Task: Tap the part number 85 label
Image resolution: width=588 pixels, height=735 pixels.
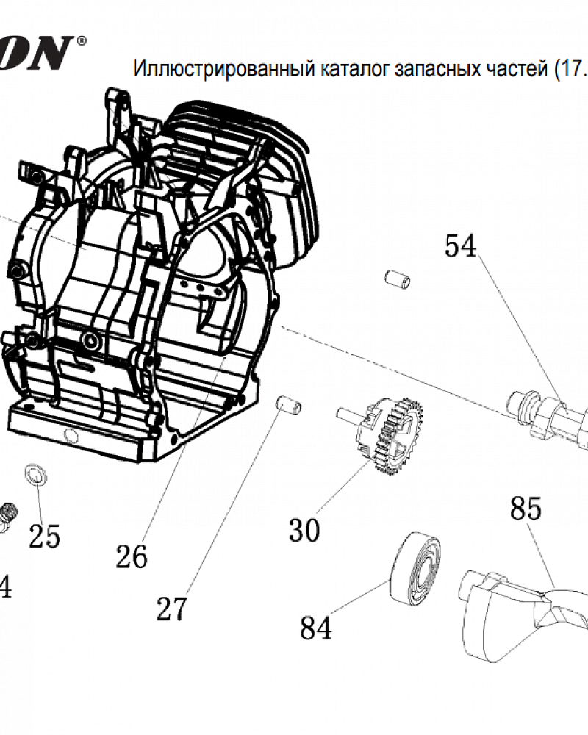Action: click(526, 508)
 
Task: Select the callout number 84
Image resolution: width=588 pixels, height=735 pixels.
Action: click(316, 628)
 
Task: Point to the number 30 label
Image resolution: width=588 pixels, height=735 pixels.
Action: click(304, 529)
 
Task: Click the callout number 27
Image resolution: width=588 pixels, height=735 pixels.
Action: click(172, 609)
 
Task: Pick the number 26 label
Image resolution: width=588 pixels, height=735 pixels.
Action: click(132, 556)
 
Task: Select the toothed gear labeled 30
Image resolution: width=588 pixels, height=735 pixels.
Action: click(390, 434)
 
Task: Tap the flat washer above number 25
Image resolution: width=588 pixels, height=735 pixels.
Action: click(35, 474)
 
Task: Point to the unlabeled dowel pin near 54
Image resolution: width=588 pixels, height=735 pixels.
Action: click(398, 280)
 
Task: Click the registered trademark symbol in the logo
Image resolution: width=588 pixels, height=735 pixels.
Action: click(81, 41)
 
